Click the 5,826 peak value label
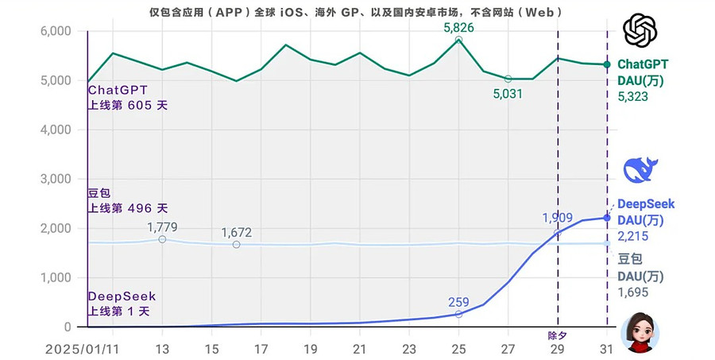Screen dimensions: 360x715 [x=458, y=28]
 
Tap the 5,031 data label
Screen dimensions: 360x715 [x=508, y=94]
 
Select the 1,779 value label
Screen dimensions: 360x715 [x=162, y=227]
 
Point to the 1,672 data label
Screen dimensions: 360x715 [x=237, y=232]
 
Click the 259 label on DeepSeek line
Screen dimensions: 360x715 [x=458, y=302]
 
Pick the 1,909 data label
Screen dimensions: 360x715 [x=558, y=218]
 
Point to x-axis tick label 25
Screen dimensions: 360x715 [x=458, y=348]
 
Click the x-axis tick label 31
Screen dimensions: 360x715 [x=607, y=348]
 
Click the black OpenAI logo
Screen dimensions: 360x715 [x=641, y=31]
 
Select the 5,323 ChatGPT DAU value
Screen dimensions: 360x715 [x=633, y=96]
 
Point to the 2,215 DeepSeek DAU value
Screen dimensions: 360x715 [x=633, y=236]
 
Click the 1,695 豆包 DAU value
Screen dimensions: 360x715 [x=633, y=292]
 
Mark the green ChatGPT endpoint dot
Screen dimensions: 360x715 [x=607, y=64]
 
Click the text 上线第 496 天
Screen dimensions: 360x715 [x=128, y=208]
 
